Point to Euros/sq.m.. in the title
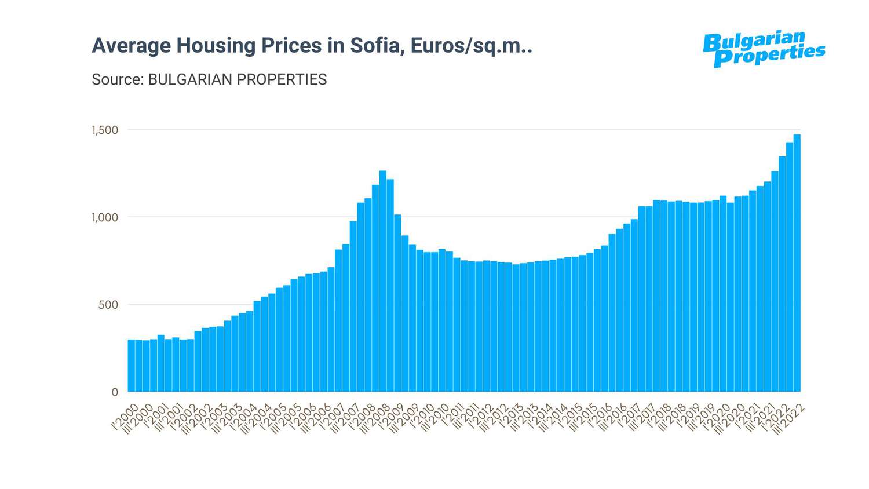pyautogui.click(x=471, y=45)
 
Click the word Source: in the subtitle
pyautogui.click(x=118, y=79)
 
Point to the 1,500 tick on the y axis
pyautogui.click(x=105, y=130)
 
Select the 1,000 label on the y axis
pyautogui.click(x=105, y=217)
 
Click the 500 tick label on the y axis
pyautogui.click(x=108, y=305)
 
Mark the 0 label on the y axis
pyautogui.click(x=115, y=392)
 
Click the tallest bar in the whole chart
pyautogui.click(x=797, y=263)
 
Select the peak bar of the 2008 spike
pyautogui.click(x=383, y=281)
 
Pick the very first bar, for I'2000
pyautogui.click(x=132, y=366)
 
